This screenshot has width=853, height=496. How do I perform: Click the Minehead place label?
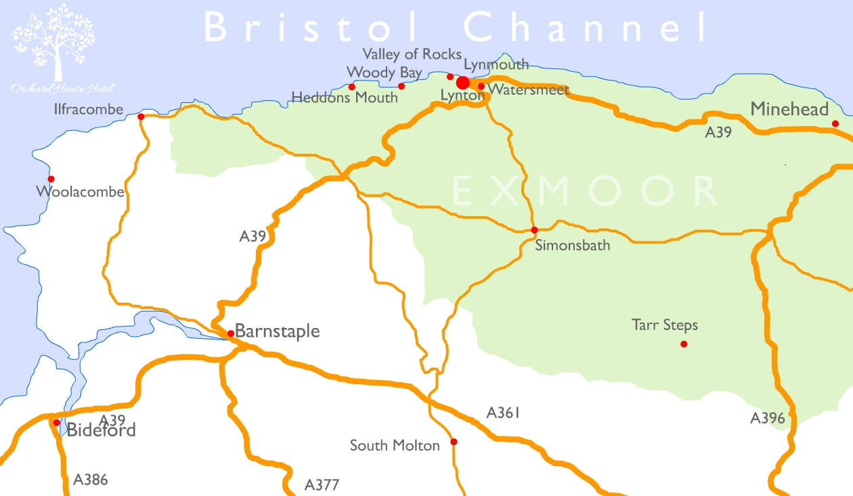point(789,110)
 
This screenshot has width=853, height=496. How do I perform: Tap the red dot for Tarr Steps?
point(684,344)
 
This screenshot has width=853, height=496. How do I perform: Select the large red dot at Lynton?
point(463,83)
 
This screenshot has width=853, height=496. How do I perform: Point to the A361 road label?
point(503,413)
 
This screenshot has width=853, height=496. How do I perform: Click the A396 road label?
point(768,419)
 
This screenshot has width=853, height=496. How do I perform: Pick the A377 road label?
point(322,485)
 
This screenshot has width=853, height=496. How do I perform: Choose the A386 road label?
point(91,480)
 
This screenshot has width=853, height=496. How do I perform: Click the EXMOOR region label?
point(585,191)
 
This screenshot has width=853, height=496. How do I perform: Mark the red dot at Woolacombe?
point(51,179)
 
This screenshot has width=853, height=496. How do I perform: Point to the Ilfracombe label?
point(89,109)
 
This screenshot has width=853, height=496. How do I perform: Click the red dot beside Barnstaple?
point(231,333)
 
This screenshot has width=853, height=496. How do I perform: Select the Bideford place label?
point(101,430)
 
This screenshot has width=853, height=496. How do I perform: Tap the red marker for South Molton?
point(454,442)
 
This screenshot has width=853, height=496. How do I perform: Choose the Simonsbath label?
point(573,245)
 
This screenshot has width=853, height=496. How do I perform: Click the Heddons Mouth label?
point(345,98)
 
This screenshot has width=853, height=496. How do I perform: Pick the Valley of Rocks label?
point(412,54)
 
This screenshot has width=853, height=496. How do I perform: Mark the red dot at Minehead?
point(835,123)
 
